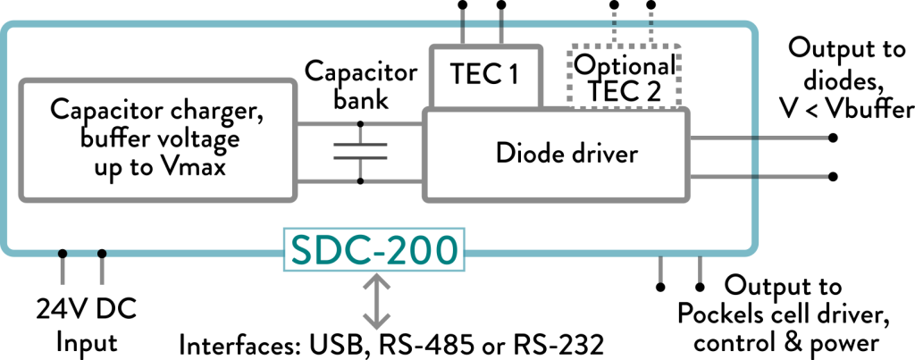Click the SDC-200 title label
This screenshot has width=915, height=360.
pyautogui.click(x=375, y=252)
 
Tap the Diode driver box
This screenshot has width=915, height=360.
pyautogui.click(x=556, y=154)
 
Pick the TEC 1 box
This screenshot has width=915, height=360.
pyautogui.click(x=485, y=75)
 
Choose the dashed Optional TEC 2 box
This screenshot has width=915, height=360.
pyautogui.click(x=625, y=77)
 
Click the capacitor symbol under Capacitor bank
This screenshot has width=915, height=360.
pyautogui.click(x=360, y=152)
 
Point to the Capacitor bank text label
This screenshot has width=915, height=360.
pyautogui.click(x=360, y=84)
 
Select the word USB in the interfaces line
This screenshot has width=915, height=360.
pyautogui.click(x=333, y=344)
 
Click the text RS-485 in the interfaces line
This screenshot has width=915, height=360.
pyautogui.click(x=409, y=344)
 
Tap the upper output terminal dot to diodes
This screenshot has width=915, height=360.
pyautogui.click(x=833, y=138)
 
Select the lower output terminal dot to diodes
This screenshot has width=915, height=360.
pyautogui.click(x=833, y=176)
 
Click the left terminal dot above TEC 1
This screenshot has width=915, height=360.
pyautogui.click(x=463, y=5)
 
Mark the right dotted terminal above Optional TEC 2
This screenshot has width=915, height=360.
pyautogui.click(x=651, y=5)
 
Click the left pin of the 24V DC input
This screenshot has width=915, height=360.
pyautogui.click(x=63, y=254)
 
